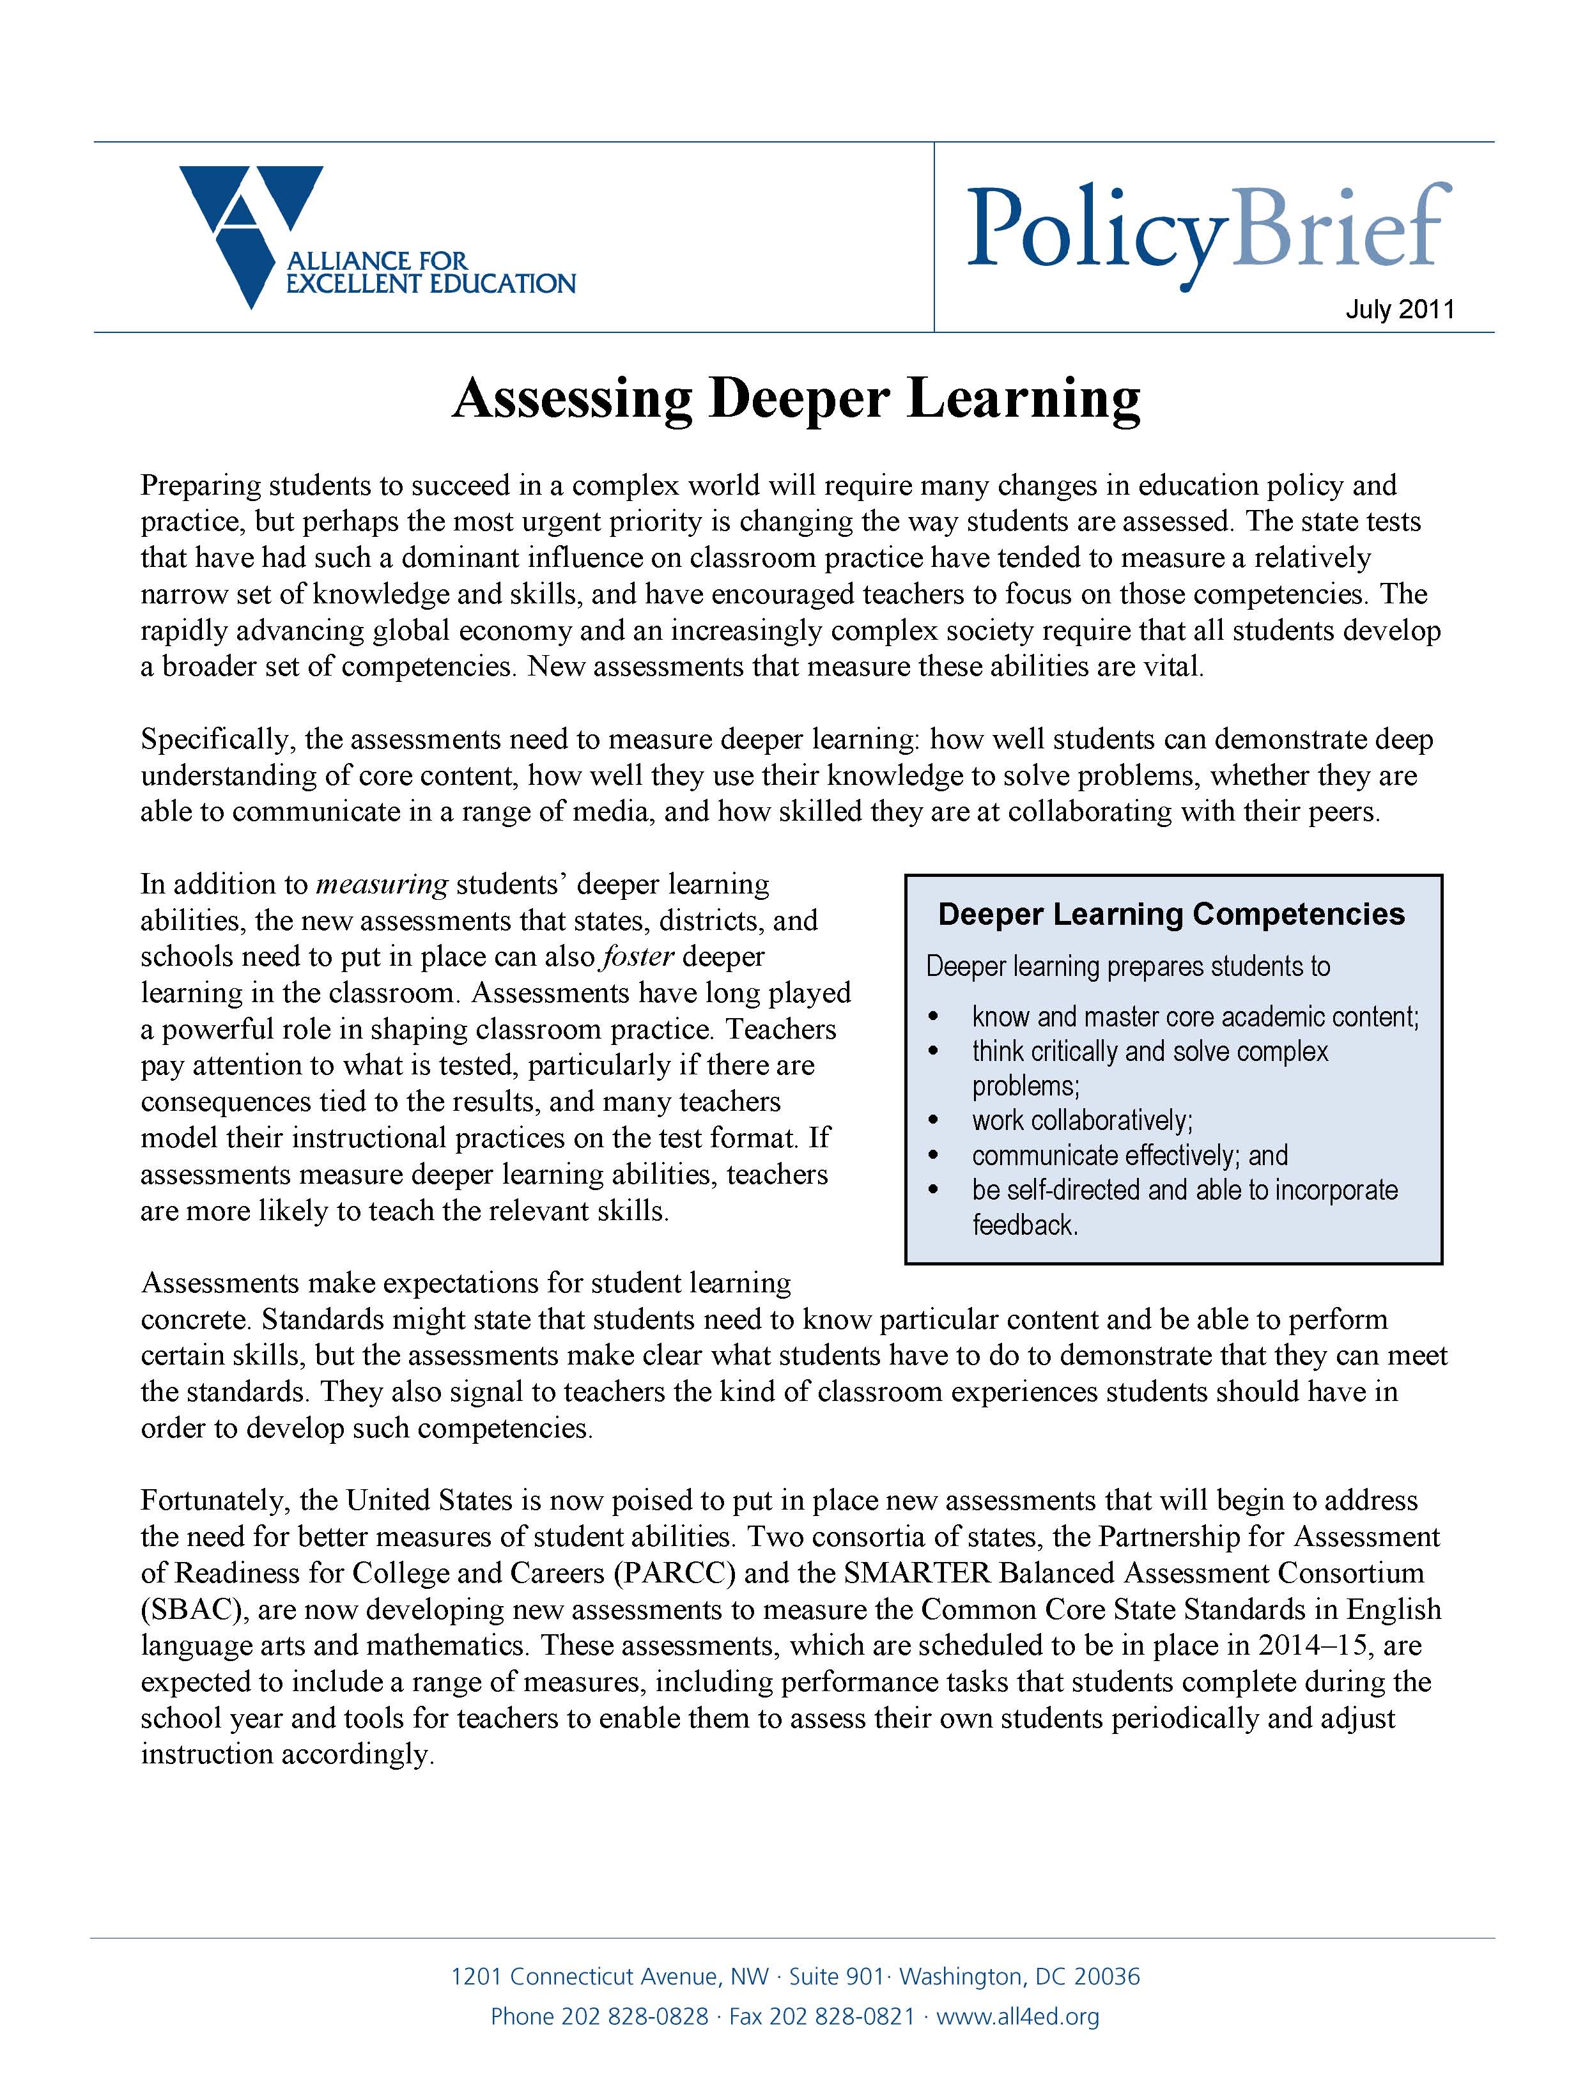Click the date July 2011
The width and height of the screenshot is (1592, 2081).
click(x=1399, y=310)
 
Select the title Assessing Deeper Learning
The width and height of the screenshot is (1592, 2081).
click(x=796, y=398)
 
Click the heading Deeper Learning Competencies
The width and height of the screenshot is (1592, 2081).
click(x=1171, y=915)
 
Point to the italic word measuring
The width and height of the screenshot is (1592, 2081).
click(x=381, y=884)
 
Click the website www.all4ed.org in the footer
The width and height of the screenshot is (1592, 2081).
click(x=1017, y=2016)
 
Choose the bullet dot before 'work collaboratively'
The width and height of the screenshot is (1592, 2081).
click(x=933, y=1121)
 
